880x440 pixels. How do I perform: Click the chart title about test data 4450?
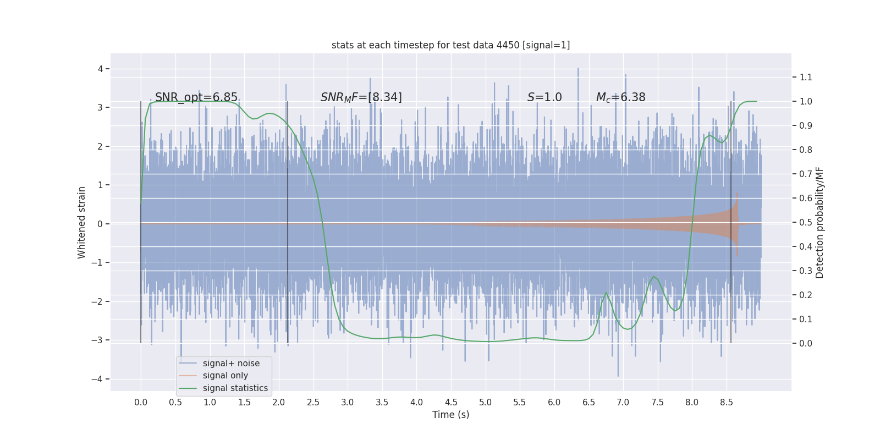point(450,45)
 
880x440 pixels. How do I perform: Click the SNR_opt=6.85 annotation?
point(196,97)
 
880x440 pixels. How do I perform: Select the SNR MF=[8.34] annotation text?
point(361,97)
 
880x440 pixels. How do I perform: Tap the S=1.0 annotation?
point(544,97)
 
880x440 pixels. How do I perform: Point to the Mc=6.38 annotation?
point(620,97)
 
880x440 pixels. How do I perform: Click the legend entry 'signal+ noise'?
point(231,364)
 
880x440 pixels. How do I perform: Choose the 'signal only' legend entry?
point(225,376)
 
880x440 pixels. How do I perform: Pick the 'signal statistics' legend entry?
point(235,388)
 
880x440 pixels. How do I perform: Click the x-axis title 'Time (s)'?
point(450,415)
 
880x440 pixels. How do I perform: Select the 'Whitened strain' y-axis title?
point(82,222)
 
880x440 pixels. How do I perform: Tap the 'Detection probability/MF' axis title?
point(820,222)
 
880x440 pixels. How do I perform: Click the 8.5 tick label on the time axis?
point(726,403)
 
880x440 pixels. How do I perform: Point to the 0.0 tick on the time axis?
point(141,403)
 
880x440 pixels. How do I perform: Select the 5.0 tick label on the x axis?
point(485,403)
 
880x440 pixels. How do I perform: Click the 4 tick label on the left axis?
point(101,69)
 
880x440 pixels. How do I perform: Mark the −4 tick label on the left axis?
point(98,379)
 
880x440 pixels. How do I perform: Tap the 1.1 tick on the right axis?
point(806,77)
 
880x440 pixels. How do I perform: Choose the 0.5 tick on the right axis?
point(806,222)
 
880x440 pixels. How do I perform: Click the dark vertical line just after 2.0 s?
point(288,220)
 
